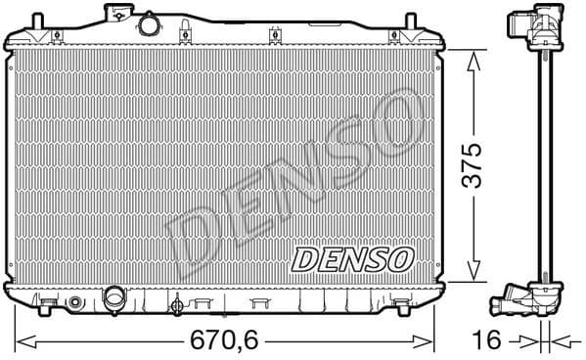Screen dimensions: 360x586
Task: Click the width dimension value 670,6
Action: (x=225, y=341)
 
